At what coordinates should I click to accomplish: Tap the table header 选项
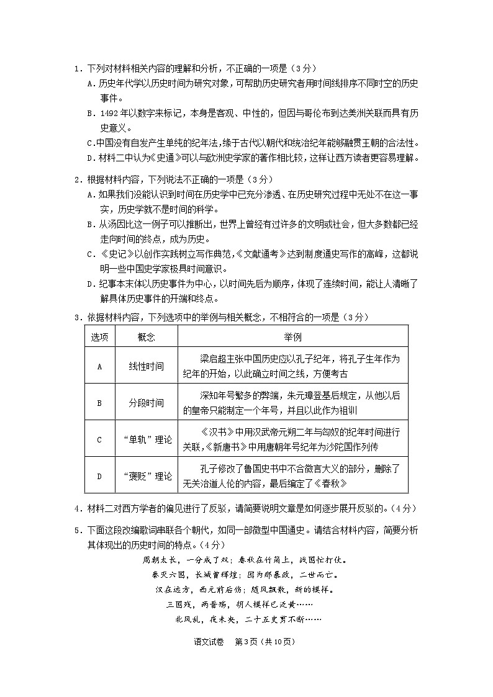pyautogui.click(x=100, y=336)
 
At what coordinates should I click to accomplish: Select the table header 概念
pyautogui.click(x=147, y=336)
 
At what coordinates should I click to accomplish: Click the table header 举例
pyautogui.click(x=292, y=336)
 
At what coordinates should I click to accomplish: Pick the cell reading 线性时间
pyautogui.click(x=147, y=366)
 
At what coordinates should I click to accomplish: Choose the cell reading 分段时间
pyautogui.click(x=147, y=403)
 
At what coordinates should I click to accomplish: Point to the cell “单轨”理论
pyautogui.click(x=147, y=439)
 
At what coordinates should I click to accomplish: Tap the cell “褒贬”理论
pyautogui.click(x=147, y=476)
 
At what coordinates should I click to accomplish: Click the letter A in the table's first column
pyautogui.click(x=99, y=366)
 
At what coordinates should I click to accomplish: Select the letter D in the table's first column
pyautogui.click(x=99, y=476)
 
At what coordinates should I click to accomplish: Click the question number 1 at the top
pyautogui.click(x=76, y=68)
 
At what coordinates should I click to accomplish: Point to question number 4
pyautogui.click(x=76, y=509)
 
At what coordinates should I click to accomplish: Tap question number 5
pyautogui.click(x=76, y=530)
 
